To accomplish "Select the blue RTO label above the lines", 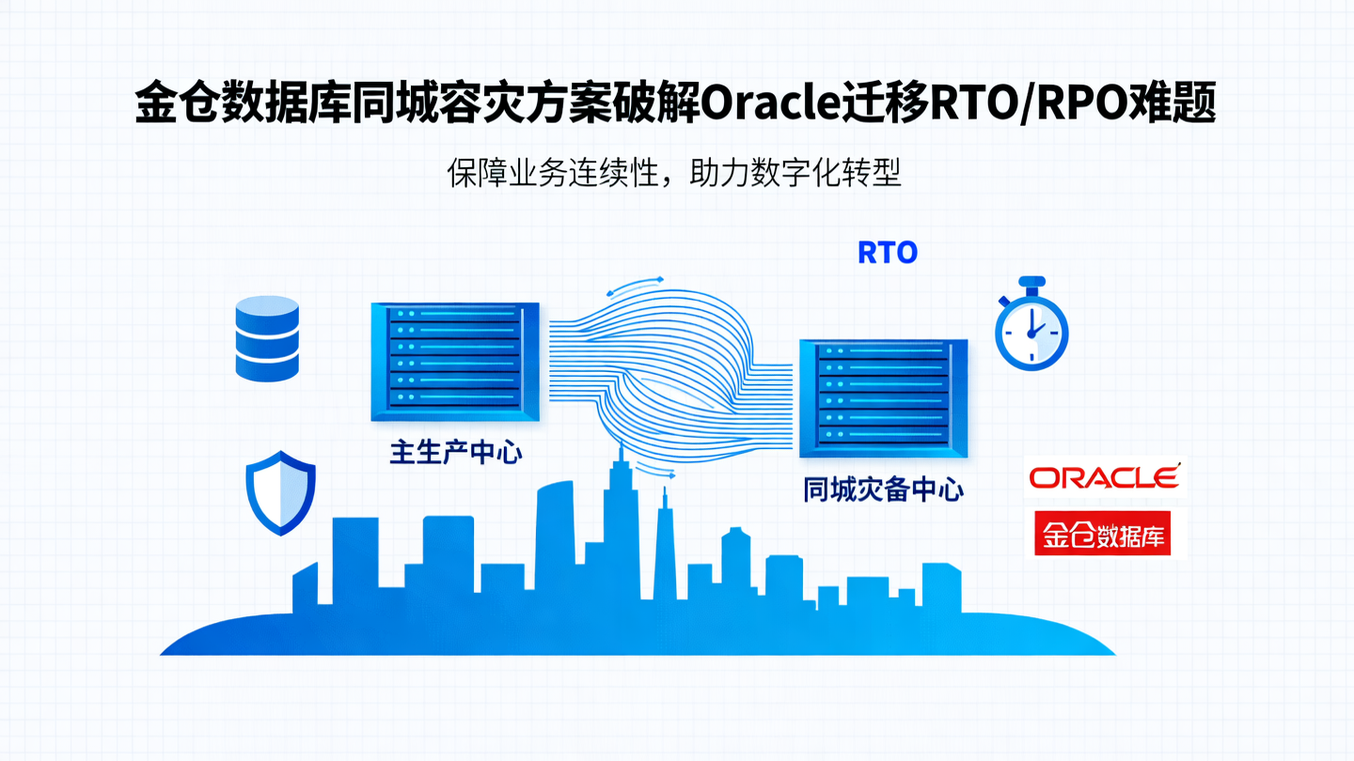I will (887, 253).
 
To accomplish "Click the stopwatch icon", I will (1031, 328).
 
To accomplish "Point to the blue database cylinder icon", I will (267, 338).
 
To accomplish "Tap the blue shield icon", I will (280, 493).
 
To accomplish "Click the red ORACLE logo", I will (1104, 477).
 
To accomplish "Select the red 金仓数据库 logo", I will (1102, 535).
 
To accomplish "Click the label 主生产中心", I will (456, 453).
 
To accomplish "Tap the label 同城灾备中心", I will (883, 489).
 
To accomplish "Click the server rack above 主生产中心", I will (455, 362).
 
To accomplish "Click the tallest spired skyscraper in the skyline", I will (620, 526).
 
